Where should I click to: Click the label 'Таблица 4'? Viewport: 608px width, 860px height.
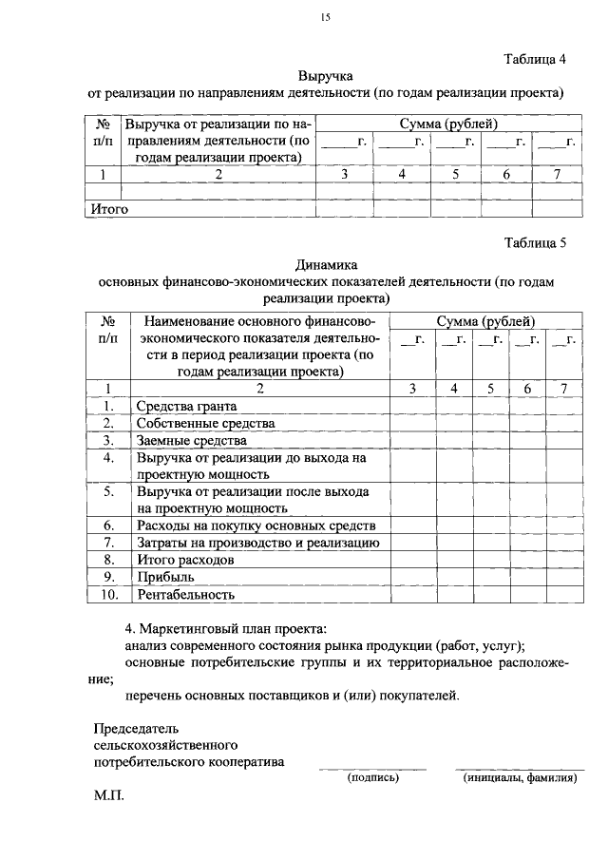534,59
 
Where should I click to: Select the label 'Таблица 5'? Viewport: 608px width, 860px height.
534,242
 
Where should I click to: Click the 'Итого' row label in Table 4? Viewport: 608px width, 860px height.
108,208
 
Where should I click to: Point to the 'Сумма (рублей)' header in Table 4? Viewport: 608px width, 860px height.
447,124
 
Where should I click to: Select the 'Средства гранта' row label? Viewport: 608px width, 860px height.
182,406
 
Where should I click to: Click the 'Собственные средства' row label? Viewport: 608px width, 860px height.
205,423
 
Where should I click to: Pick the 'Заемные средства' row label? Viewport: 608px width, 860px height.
191,441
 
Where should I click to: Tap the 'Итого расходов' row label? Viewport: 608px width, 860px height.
185,560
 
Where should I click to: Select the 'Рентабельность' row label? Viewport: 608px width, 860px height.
185,595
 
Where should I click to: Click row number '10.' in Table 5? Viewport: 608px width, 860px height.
108,595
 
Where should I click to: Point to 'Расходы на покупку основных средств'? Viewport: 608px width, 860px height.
256,525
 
